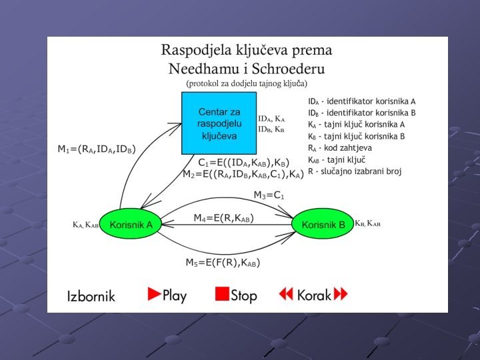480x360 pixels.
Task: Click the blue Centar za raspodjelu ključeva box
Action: point(219,123)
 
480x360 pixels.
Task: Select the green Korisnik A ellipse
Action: point(131,225)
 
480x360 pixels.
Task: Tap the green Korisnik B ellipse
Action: point(323,225)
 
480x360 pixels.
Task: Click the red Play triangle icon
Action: point(155,294)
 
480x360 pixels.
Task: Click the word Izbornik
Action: point(91,295)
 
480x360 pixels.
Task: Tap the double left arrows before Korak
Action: point(287,294)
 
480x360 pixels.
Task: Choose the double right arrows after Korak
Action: point(341,294)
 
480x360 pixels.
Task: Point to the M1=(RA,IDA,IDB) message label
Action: point(96,149)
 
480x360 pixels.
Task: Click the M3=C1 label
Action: point(269,195)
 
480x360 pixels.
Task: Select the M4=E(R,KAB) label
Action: point(224,218)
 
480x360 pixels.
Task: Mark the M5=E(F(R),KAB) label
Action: point(222,263)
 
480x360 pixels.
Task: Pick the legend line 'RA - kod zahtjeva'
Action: point(340,148)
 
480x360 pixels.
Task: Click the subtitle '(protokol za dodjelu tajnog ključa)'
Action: point(247,83)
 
